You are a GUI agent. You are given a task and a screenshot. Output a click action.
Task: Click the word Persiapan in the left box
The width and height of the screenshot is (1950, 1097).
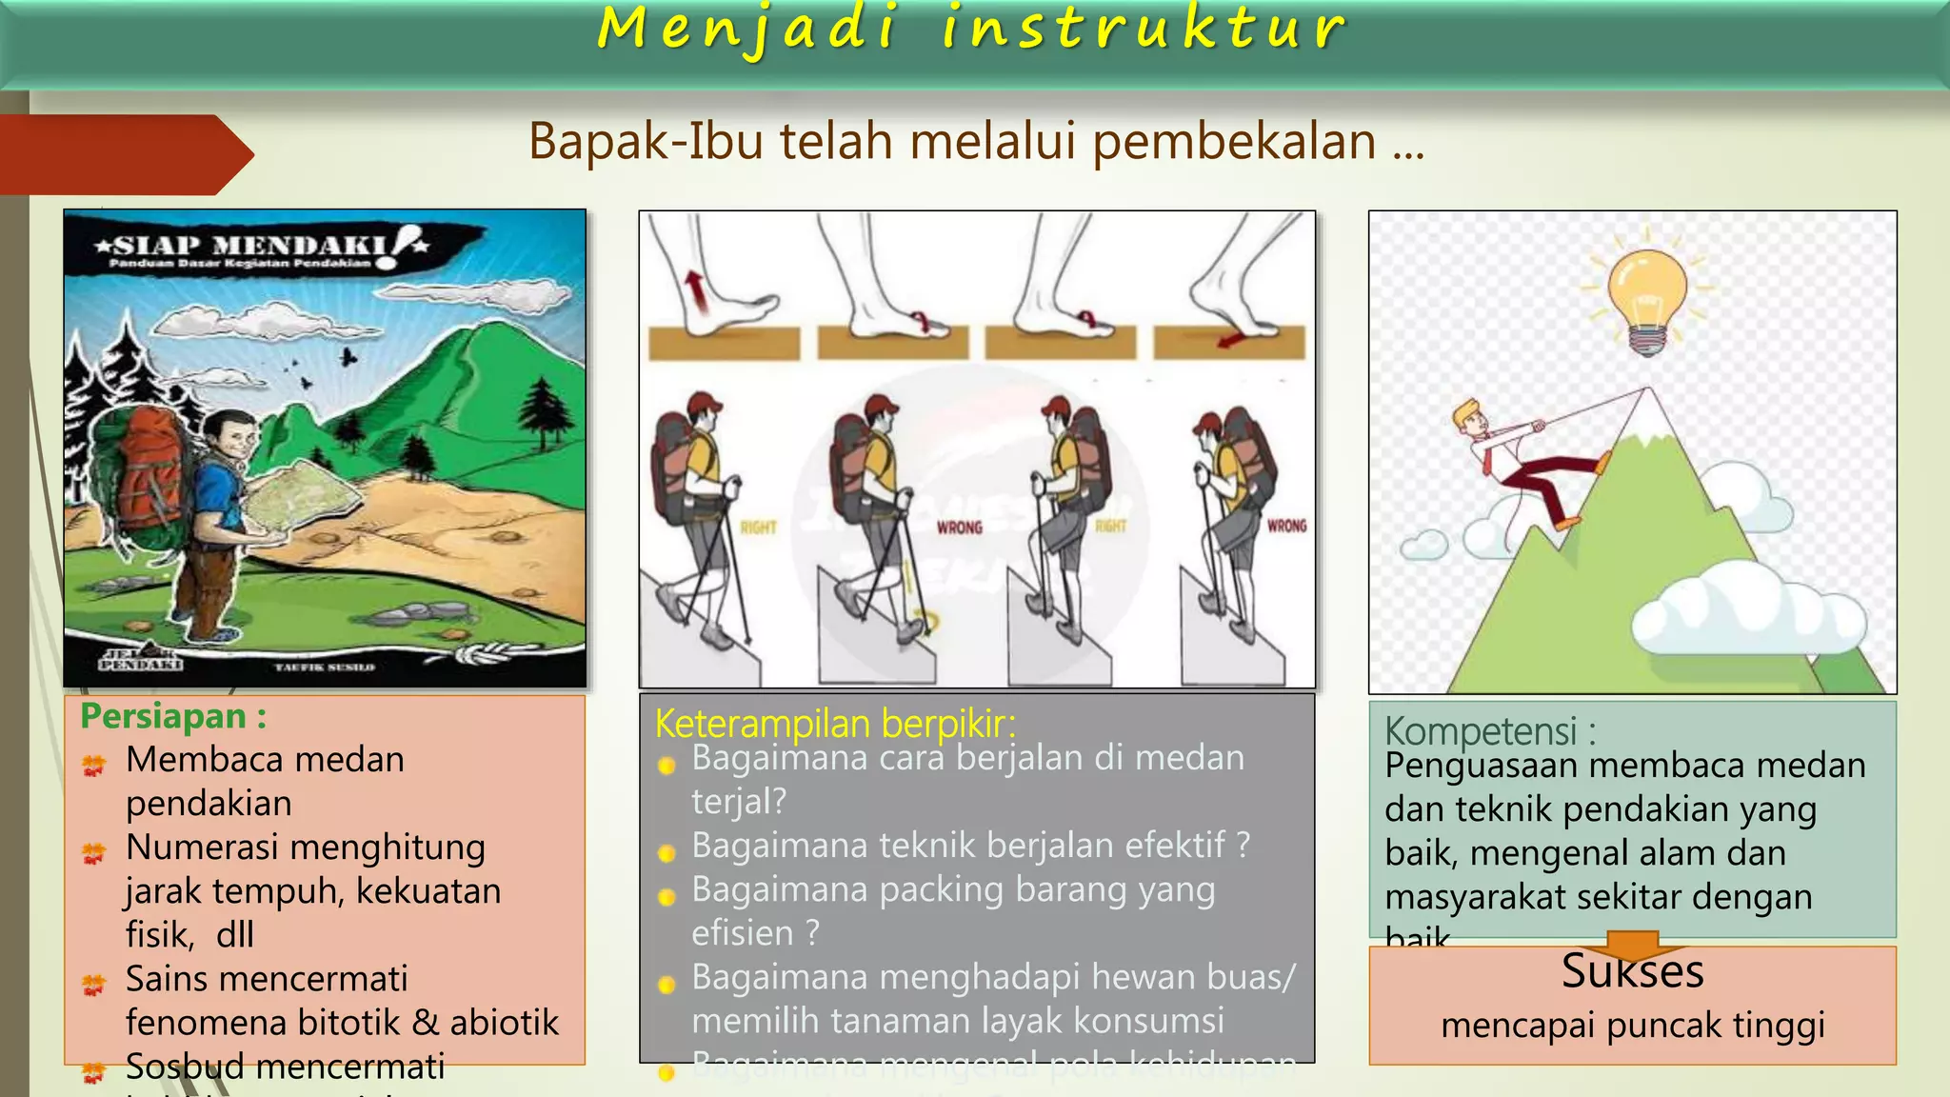point(163,716)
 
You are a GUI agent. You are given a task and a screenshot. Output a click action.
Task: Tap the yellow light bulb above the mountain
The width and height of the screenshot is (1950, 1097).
point(1647,295)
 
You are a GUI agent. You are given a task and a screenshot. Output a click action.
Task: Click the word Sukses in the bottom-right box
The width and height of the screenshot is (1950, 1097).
point(1632,972)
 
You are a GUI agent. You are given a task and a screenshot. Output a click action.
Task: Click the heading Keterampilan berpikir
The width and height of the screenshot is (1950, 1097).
point(835,724)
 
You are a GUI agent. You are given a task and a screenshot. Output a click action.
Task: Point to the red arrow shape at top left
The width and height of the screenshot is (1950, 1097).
point(124,154)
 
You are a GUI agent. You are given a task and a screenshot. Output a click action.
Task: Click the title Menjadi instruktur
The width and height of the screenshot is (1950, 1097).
point(971,29)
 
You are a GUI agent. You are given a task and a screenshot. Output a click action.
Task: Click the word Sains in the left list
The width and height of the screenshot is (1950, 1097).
point(171,978)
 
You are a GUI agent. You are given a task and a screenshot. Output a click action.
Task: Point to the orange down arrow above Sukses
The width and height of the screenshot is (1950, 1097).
point(1632,946)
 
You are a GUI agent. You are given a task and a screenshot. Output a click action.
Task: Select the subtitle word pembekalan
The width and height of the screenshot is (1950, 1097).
point(1233,142)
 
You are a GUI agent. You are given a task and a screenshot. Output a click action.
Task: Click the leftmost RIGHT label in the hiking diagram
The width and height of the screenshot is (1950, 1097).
point(759,528)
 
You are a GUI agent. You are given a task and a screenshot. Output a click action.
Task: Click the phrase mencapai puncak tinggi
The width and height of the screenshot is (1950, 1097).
point(1632,1026)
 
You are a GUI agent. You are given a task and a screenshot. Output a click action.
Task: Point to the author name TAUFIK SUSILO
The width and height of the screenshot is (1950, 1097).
point(325,668)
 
